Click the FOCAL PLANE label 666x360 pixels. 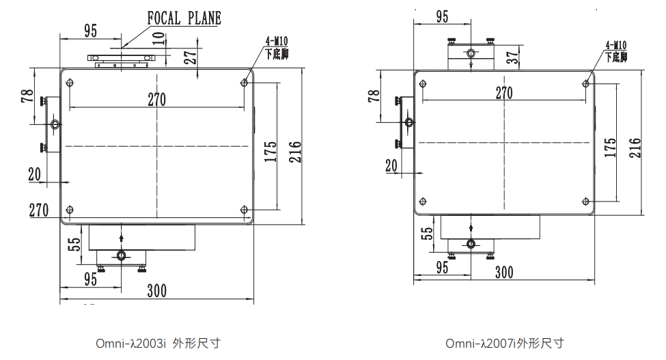(x=184, y=18)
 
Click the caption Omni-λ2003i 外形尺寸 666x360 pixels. (x=158, y=343)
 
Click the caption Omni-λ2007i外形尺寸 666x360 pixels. (x=505, y=343)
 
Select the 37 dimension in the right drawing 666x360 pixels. (x=512, y=57)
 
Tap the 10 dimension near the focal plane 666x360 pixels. (x=159, y=39)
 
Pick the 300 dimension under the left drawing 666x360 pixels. (x=157, y=291)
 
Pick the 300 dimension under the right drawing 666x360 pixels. (x=503, y=273)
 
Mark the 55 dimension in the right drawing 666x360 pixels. (x=427, y=232)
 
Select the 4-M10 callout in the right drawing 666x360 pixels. (x=615, y=51)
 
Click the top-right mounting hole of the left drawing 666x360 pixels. (x=245, y=83)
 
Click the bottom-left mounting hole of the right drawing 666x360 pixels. (x=424, y=201)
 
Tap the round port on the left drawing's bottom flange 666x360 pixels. (x=121, y=255)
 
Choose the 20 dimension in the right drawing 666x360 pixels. (x=391, y=165)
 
